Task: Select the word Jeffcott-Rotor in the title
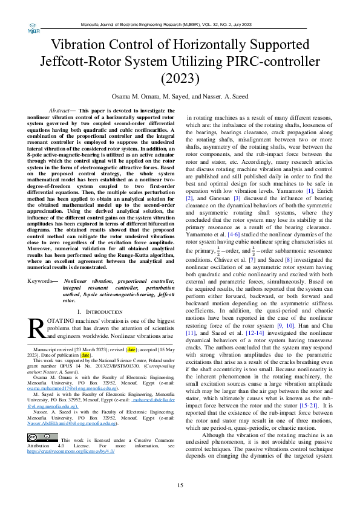(83, 61)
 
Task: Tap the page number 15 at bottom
(180, 485)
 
